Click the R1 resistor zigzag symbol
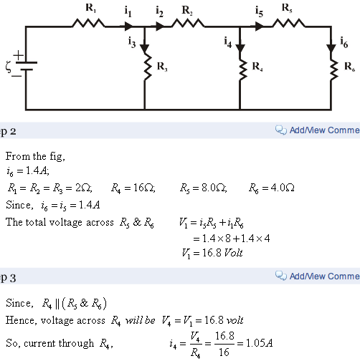[88, 24]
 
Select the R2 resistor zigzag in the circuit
[188, 24]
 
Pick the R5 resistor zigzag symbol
[288, 24]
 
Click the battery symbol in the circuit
[27, 66]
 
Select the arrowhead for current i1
[128, 27]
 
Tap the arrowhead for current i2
[160, 27]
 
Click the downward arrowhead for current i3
[144, 49]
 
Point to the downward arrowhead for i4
[240, 49]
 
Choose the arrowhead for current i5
[260, 27]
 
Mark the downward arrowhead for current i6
[331, 49]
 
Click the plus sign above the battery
[19, 56]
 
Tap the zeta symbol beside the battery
[8, 67]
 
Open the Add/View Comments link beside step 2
[325, 130]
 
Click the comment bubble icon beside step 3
[280, 276]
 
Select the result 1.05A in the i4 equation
[259, 343]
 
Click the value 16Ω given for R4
[144, 188]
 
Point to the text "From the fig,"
[35, 156]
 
